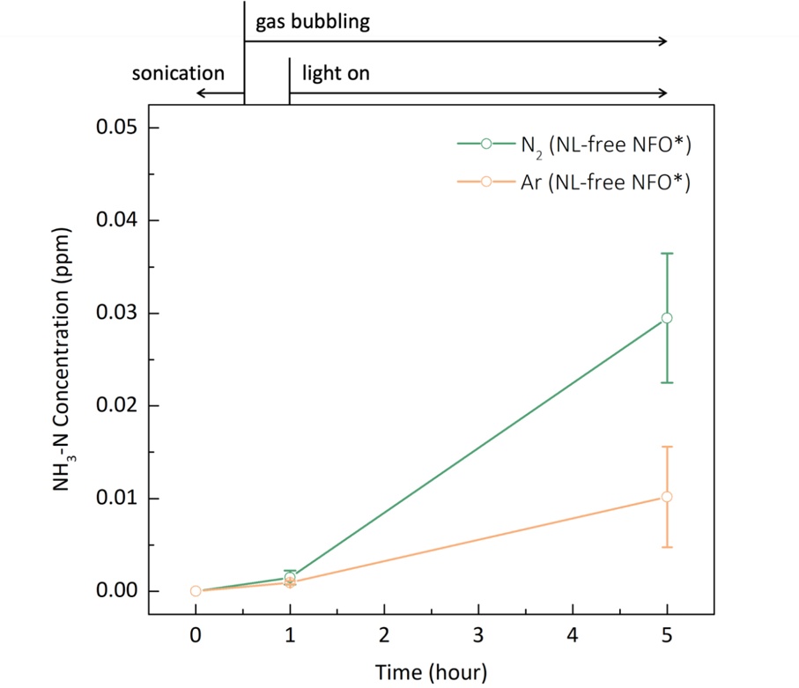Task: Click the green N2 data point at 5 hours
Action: [667, 318]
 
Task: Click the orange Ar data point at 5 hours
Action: [667, 497]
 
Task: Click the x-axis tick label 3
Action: [478, 634]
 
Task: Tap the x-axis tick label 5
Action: [667, 634]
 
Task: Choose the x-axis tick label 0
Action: [196, 634]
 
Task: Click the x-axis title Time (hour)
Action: [431, 671]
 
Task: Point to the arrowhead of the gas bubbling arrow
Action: [663, 41]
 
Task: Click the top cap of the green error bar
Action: [667, 254]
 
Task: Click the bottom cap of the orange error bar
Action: [667, 547]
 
